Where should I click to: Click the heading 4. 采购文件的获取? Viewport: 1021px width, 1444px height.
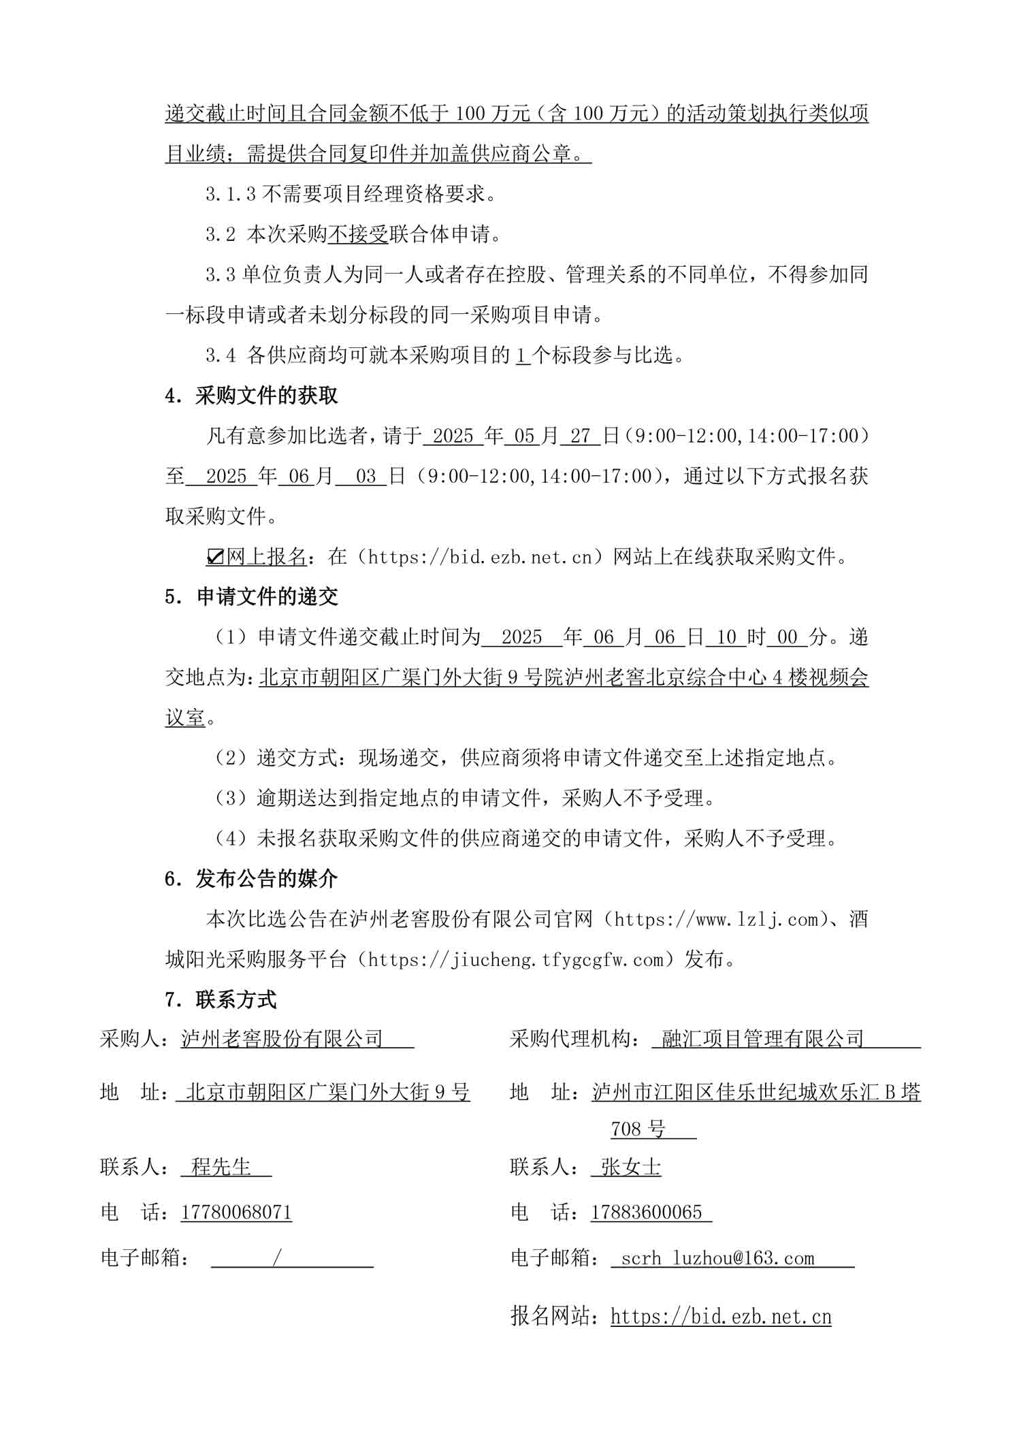(252, 396)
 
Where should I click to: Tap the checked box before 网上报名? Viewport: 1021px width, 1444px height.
(215, 558)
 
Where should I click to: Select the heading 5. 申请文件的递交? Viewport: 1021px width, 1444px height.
(252, 597)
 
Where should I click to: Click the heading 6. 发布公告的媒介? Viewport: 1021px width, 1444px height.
(252, 879)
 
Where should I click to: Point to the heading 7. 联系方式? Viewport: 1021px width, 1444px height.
(221, 1000)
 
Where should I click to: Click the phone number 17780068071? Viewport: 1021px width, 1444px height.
(236, 1213)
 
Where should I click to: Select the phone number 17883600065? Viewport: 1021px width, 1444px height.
(647, 1213)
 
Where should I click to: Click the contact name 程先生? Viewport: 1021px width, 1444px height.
(222, 1167)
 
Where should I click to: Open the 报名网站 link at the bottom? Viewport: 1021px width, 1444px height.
(721, 1316)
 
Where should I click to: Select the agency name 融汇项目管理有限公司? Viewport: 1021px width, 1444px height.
(763, 1039)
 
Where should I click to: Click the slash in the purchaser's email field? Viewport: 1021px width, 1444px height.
(276, 1257)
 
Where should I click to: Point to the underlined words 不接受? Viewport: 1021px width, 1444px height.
(358, 235)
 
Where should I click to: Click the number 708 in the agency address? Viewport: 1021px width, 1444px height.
(625, 1129)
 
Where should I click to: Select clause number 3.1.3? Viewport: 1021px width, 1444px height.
(231, 195)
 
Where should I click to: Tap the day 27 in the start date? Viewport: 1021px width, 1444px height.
(580, 436)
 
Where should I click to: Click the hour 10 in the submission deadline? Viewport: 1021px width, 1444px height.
(726, 637)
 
